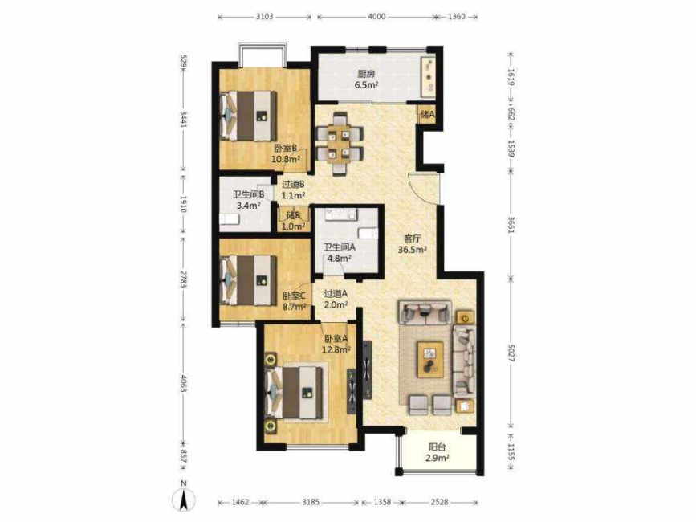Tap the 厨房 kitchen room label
point(366,74)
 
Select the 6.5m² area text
point(367,85)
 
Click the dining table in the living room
point(340,144)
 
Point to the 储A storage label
point(427,115)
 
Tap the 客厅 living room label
point(413,239)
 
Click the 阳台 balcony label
point(437,447)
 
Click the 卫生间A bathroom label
point(340,247)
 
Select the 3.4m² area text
point(248,206)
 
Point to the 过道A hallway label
point(336,293)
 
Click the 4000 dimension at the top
point(376,17)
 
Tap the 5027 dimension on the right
point(511,353)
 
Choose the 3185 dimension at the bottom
point(311,502)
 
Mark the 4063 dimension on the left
point(183,383)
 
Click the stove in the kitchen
point(429,76)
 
